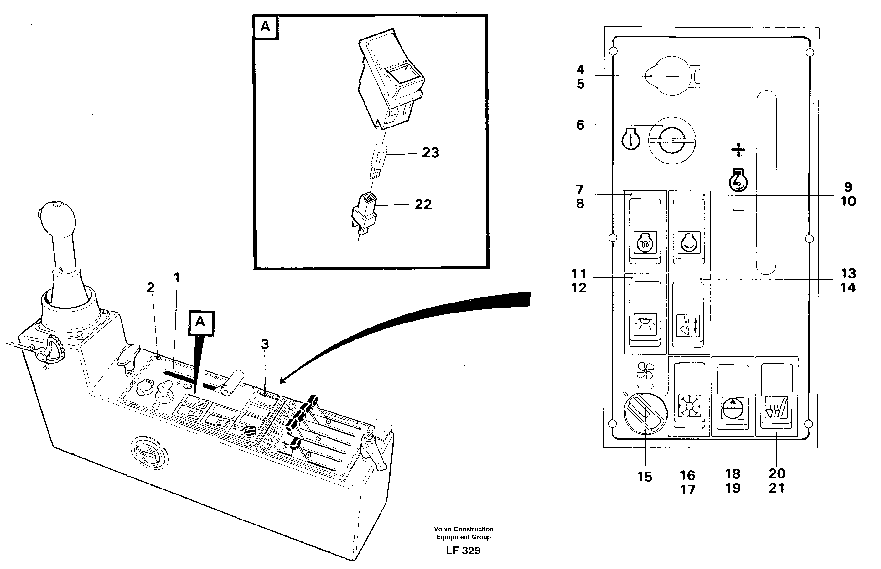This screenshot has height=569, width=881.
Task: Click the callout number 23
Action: tap(431, 153)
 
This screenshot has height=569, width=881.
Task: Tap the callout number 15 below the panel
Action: tap(645, 477)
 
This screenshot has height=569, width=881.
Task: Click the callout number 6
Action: tap(580, 125)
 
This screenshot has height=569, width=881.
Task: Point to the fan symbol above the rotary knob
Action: tap(645, 370)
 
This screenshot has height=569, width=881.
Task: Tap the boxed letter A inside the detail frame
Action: tap(265, 27)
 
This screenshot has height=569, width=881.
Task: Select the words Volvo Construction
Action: tap(464, 529)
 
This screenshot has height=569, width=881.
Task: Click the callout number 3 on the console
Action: tap(265, 344)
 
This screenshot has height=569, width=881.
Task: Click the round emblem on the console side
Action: tap(149, 453)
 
